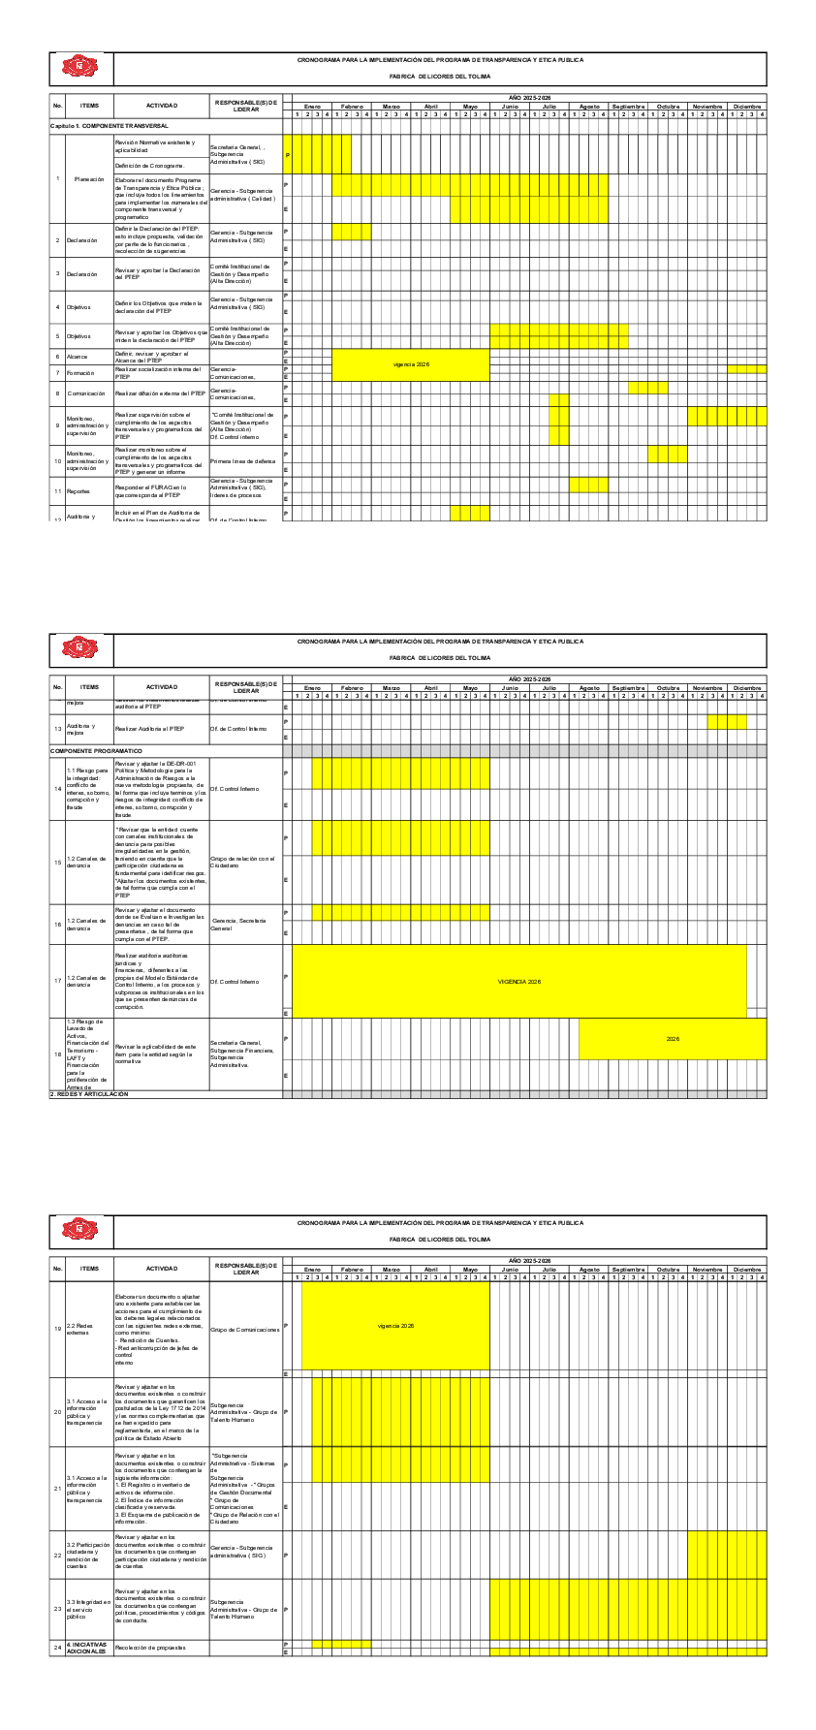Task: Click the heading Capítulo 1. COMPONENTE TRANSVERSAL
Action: click(x=110, y=126)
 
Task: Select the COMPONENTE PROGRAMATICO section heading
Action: click(x=96, y=751)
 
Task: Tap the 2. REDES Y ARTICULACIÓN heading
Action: click(x=89, y=1094)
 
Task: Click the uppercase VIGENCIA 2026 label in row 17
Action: click(x=519, y=982)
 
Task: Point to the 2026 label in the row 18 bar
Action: click(x=673, y=1039)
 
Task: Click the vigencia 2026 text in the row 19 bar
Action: click(x=395, y=1326)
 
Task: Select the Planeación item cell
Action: click(x=89, y=179)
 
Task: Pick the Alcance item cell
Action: click(x=78, y=357)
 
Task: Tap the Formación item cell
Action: click(x=81, y=373)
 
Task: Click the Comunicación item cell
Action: click(x=86, y=393)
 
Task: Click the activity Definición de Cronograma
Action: click(x=149, y=166)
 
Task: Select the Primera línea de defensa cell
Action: click(x=242, y=461)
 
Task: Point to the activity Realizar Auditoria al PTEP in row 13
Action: click(x=149, y=729)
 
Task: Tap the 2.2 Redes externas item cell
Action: click(x=81, y=1329)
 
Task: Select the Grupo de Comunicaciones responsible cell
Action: click(x=245, y=1329)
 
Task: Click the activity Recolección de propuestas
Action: click(x=149, y=1648)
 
